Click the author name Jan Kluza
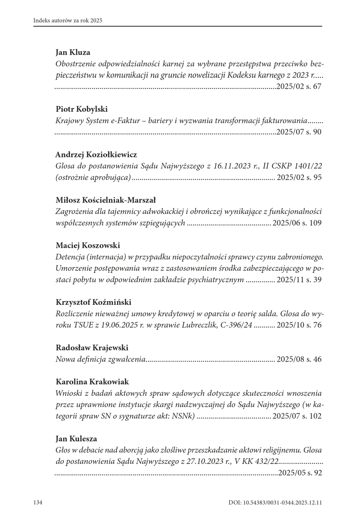(73, 52)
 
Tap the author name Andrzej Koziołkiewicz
(96, 155)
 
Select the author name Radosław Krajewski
(92, 348)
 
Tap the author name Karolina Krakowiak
(92, 382)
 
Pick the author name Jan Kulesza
(76, 439)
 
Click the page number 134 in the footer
(38, 502)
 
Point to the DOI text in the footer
(275, 502)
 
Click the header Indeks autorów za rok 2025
(68, 20)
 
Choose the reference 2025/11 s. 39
(299, 280)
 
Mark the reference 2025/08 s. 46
(299, 360)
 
